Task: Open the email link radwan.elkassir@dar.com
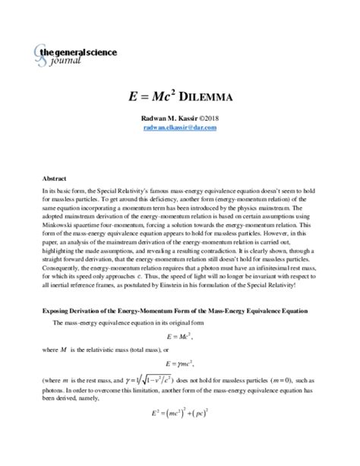pyautogui.click(x=179, y=128)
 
